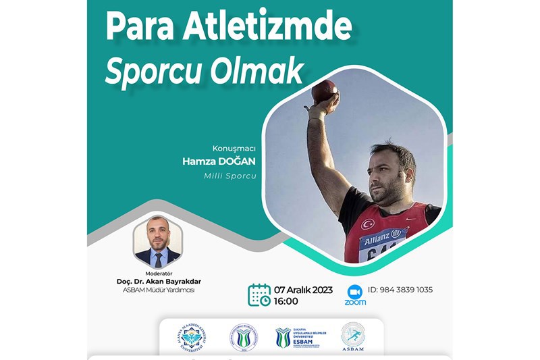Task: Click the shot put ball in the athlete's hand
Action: pos(325,91)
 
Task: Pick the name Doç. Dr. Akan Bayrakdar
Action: pos(158,281)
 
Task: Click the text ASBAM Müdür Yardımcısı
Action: pos(158,290)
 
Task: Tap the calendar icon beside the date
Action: pos(259,295)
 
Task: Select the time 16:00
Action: pos(286,301)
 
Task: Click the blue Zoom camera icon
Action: pos(355,292)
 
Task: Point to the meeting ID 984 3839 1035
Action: pos(400,290)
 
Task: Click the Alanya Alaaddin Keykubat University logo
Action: pos(193,337)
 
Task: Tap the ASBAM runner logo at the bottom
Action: pos(352,336)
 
